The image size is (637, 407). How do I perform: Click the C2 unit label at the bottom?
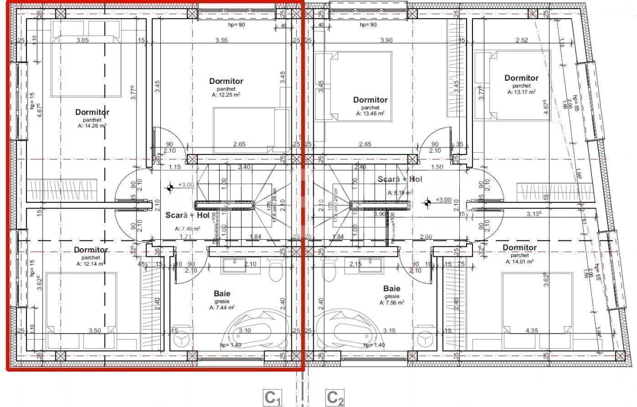(x=335, y=397)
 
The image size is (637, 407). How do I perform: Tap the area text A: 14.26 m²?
(x=92, y=126)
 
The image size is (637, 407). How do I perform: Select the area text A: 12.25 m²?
(x=226, y=95)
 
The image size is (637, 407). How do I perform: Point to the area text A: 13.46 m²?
(x=371, y=114)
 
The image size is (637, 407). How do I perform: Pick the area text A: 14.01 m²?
(x=519, y=261)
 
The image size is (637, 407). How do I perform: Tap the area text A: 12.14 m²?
(x=91, y=263)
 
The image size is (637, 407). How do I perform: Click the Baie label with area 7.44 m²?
(x=222, y=293)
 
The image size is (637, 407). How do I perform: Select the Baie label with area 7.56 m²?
(x=392, y=289)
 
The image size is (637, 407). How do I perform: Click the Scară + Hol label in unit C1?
(x=180, y=216)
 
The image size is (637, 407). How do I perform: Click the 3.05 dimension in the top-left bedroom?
(x=82, y=40)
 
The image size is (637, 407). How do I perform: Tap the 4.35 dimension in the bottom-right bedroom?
(x=531, y=331)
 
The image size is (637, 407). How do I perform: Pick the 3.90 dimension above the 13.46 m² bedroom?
(x=386, y=40)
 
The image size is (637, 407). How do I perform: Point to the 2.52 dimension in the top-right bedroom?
(x=522, y=40)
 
